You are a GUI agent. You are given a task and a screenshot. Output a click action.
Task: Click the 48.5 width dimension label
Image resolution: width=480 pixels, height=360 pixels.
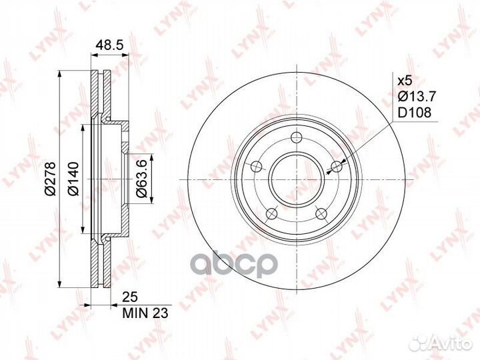pyautogui.click(x=109, y=45)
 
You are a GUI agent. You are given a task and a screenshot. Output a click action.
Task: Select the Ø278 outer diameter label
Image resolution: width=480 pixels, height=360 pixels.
pyautogui.click(x=50, y=179)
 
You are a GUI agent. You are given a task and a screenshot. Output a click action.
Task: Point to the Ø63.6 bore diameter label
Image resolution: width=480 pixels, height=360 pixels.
pyautogui.click(x=142, y=179)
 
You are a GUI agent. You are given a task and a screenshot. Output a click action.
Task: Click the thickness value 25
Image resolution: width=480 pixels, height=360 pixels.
pyautogui.click(x=131, y=297)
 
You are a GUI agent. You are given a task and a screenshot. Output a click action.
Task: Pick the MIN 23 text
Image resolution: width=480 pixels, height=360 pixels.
pyautogui.click(x=145, y=313)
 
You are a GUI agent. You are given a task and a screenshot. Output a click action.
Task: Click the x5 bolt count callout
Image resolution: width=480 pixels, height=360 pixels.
pyautogui.click(x=405, y=81)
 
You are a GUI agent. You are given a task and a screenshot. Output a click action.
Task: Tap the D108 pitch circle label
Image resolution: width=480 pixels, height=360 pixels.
pyautogui.click(x=414, y=113)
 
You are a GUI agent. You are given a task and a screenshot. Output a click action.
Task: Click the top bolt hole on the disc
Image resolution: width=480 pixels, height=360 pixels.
pyautogui.click(x=296, y=137)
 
